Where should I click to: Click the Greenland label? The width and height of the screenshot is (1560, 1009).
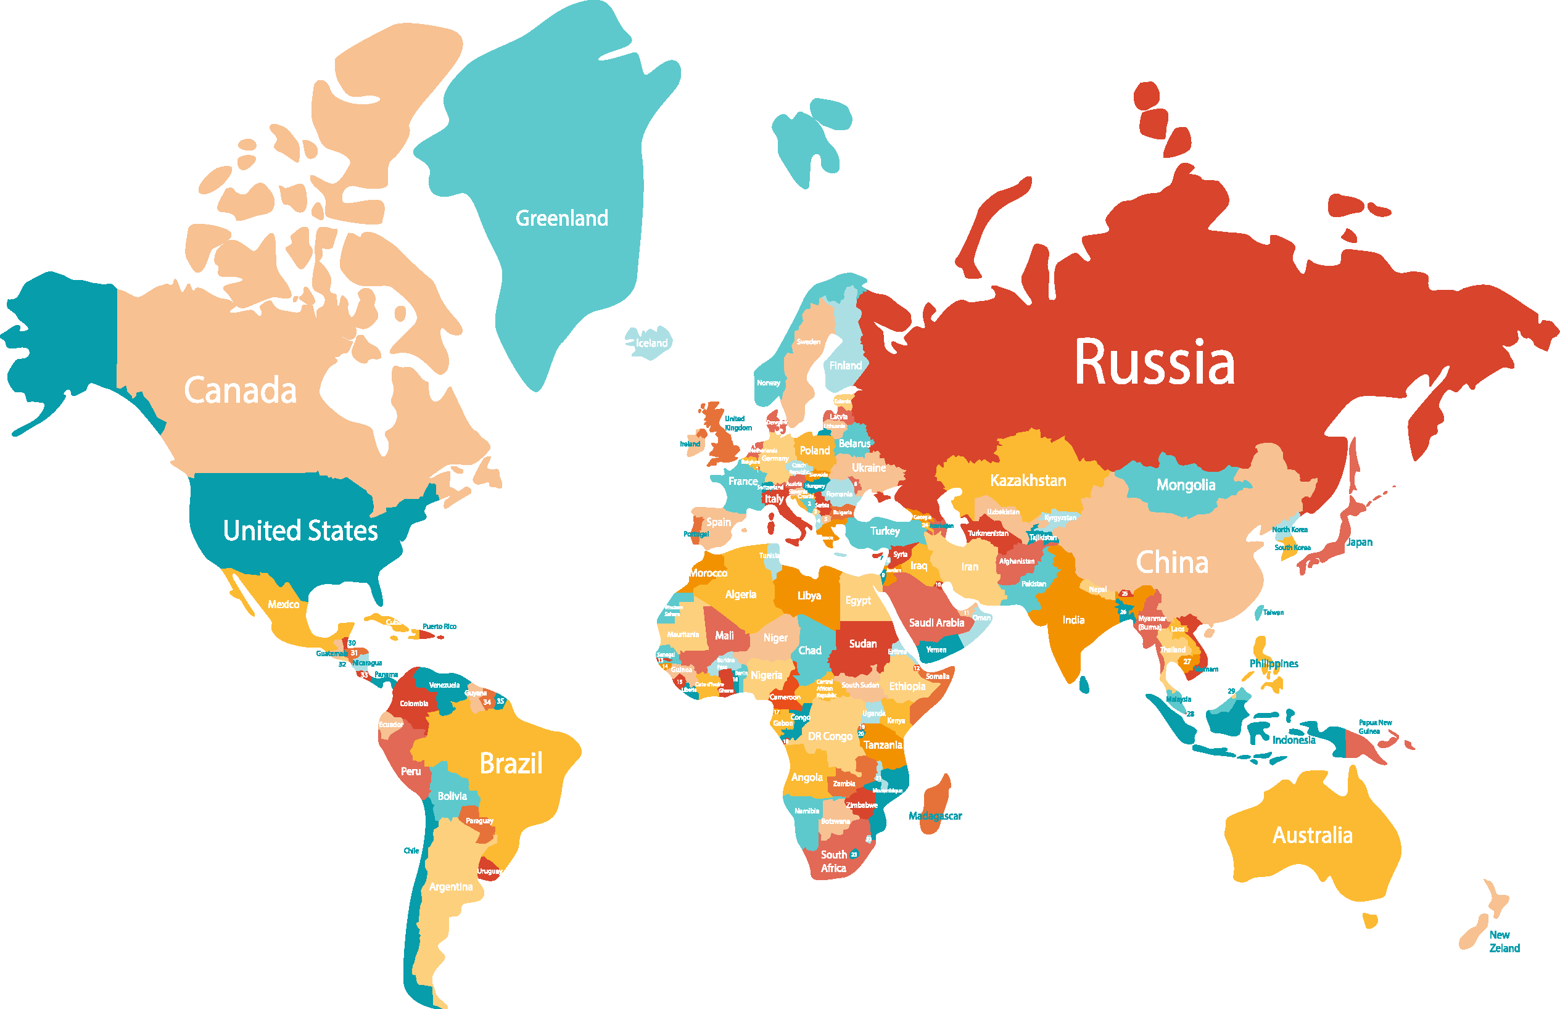pyautogui.click(x=561, y=218)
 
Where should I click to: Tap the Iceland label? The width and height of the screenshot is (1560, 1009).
pyautogui.click(x=651, y=343)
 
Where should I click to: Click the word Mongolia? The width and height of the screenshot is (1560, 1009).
pyautogui.click(x=1185, y=485)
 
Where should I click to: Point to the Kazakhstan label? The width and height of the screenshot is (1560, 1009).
pyautogui.click(x=1027, y=480)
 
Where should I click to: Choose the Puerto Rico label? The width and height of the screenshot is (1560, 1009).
pyautogui.click(x=439, y=627)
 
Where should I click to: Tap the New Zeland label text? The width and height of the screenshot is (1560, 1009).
pyautogui.click(x=1504, y=942)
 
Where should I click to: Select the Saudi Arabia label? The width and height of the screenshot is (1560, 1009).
pyautogui.click(x=936, y=622)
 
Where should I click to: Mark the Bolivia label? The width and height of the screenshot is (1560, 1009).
pyautogui.click(x=452, y=796)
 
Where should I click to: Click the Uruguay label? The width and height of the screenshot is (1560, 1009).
pyautogui.click(x=489, y=871)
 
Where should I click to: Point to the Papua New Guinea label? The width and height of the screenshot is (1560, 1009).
pyautogui.click(x=1374, y=727)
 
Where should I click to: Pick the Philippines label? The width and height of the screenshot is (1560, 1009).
pyautogui.click(x=1273, y=664)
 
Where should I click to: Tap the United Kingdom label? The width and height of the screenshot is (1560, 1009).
pyautogui.click(x=737, y=423)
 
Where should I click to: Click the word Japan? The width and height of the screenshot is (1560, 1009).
pyautogui.click(x=1359, y=543)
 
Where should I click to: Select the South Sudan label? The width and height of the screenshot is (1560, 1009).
pyautogui.click(x=860, y=685)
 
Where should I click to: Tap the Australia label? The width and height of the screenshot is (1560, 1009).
pyautogui.click(x=1311, y=835)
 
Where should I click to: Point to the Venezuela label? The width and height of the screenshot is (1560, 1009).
pyautogui.click(x=444, y=685)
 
